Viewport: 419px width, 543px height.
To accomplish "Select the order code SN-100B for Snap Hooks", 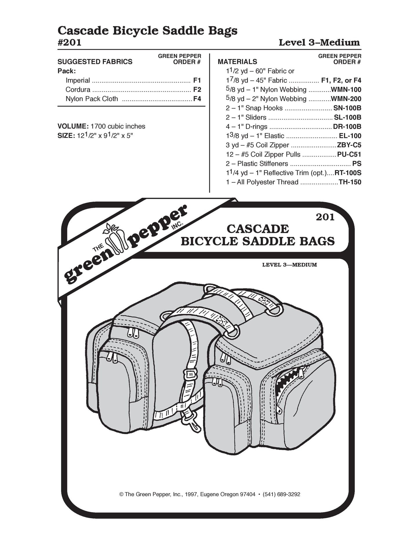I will point(347,108).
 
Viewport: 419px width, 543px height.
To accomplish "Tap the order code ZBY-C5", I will point(349,145).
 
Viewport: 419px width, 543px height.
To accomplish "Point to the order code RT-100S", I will point(348,173).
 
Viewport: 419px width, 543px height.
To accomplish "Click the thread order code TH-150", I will point(350,182).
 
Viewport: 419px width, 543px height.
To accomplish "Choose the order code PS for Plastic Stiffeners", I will point(357,164).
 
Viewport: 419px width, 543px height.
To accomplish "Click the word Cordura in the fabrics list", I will point(78,89).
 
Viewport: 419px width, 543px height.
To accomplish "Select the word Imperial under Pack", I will point(78,80).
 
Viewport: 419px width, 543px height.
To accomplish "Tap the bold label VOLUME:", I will point(73,126).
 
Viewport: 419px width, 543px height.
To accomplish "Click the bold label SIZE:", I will point(66,136).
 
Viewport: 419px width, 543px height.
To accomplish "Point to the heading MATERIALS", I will point(237,62).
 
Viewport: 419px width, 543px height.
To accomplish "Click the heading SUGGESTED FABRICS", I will point(95,62).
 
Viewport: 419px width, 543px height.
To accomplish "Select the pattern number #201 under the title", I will point(70,42).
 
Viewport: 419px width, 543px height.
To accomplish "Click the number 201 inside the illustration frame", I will point(325,217).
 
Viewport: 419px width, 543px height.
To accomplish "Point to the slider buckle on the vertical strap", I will point(191,375).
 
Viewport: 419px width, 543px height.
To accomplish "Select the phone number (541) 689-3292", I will point(281,494).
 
